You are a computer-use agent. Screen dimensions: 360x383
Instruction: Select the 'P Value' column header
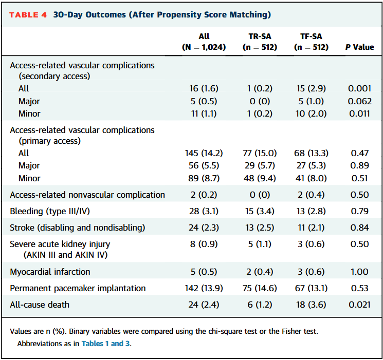pos(359,47)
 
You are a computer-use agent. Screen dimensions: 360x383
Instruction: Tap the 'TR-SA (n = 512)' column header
pos(260,42)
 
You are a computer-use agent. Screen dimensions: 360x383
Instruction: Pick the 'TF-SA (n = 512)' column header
pos(311,42)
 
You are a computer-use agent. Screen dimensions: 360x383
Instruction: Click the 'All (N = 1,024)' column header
pos(204,42)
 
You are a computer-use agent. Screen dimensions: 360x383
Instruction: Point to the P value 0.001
pos(359,89)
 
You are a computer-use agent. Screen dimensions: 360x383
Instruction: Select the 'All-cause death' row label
pos(40,305)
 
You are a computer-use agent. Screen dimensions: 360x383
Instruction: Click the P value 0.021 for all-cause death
pos(359,305)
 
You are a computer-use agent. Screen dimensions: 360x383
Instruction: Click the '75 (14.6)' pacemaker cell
pos(260,288)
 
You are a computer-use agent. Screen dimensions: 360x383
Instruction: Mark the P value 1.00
pos(359,272)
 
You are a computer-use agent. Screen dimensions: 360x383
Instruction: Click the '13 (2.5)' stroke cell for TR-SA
pos(260,228)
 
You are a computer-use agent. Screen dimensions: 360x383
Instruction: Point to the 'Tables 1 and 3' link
pos(105,344)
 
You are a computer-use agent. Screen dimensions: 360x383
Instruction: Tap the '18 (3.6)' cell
pos(311,305)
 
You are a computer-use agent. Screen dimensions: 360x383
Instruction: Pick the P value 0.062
pos(359,101)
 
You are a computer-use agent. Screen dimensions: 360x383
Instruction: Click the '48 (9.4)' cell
pos(260,178)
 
